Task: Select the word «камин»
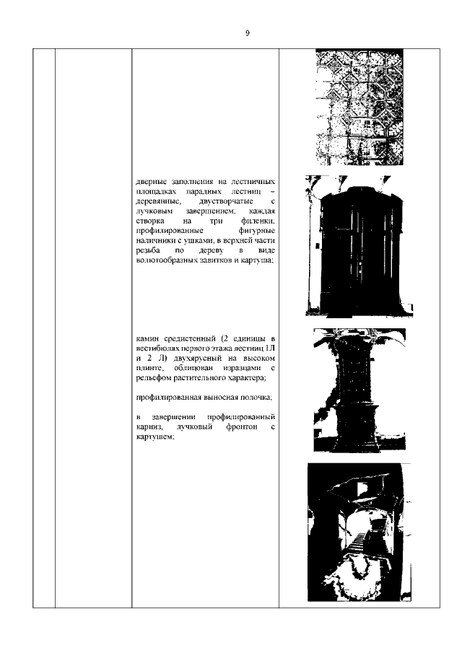pyautogui.click(x=149, y=338)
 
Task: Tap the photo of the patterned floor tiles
pyautogui.click(x=359, y=107)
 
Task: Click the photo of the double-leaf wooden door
pyautogui.click(x=359, y=245)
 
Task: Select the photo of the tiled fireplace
pyautogui.click(x=359, y=390)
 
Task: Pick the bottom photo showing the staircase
pyautogui.click(x=359, y=532)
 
